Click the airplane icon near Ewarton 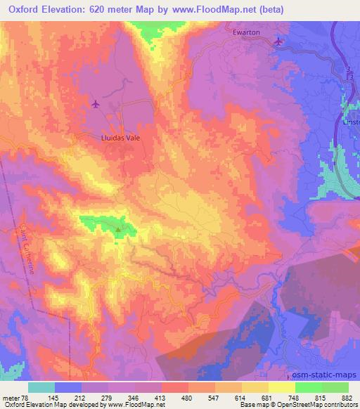coord(279,41)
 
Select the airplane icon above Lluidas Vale coord(96,105)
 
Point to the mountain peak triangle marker coord(118,228)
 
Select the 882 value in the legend coord(349,396)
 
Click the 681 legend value coord(269,396)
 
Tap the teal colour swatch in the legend coord(41,387)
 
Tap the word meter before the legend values coord(11,396)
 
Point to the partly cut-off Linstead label coord(351,122)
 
